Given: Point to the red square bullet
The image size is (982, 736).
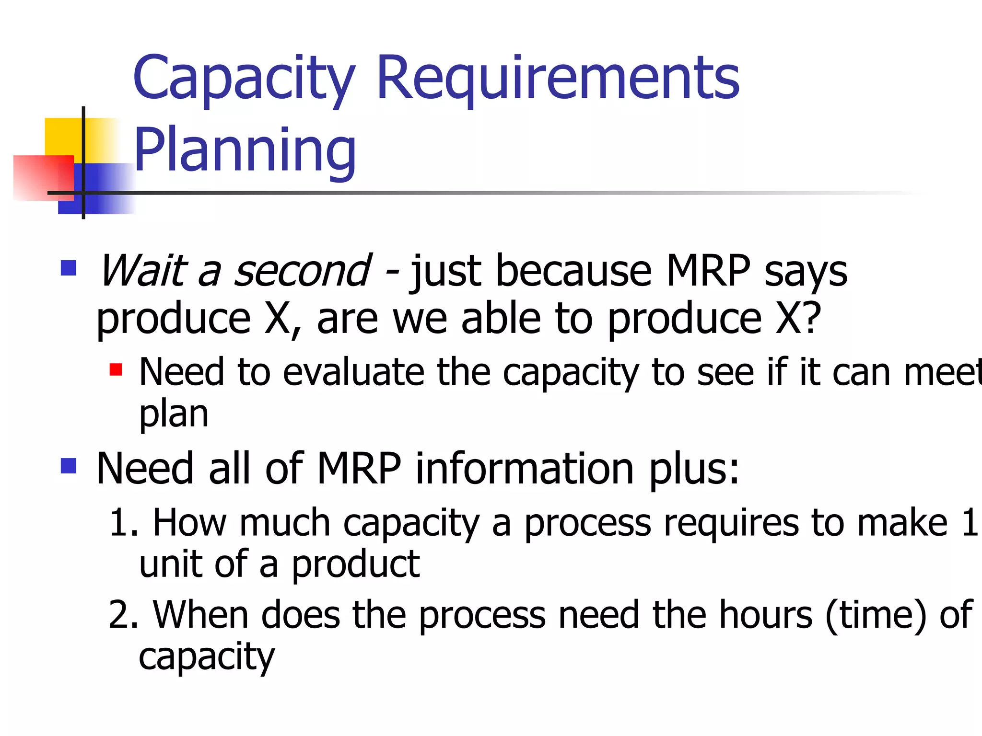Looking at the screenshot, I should click(116, 370).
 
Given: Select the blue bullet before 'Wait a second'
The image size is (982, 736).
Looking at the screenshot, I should click(69, 268).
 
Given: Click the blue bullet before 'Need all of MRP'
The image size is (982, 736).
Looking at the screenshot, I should click(69, 465).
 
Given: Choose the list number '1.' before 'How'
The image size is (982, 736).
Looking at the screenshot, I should click(124, 522).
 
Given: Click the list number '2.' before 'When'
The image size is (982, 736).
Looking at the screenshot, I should click(124, 615).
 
